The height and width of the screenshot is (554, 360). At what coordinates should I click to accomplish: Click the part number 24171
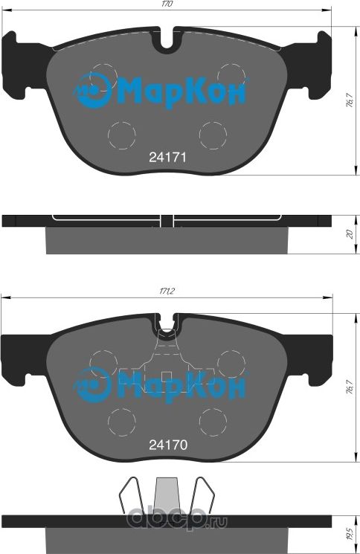click(167, 158)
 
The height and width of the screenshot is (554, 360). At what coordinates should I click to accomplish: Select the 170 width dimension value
click(168, 5)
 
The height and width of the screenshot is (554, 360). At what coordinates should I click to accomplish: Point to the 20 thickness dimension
click(349, 234)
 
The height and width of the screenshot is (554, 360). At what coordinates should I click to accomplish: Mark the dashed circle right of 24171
click(213, 134)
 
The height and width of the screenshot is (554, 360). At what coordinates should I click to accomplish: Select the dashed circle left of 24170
click(121, 420)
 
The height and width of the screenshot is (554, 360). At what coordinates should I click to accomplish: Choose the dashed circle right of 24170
click(213, 420)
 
